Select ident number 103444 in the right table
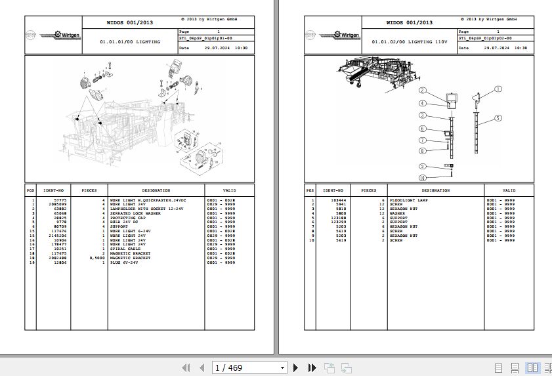pos(339,199)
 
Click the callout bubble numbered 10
pos(423,178)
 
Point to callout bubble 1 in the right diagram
pos(498,89)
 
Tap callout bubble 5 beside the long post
pos(498,118)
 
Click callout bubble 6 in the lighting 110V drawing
pos(423,129)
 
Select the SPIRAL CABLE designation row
pos(125,249)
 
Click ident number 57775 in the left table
pos(60,199)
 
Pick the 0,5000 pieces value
pos(96,259)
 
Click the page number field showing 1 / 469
pos(249,367)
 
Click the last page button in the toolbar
pos(310,367)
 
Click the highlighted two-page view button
pos(532,367)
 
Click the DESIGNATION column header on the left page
pos(156,190)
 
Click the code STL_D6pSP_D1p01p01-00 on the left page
pos(206,38)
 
